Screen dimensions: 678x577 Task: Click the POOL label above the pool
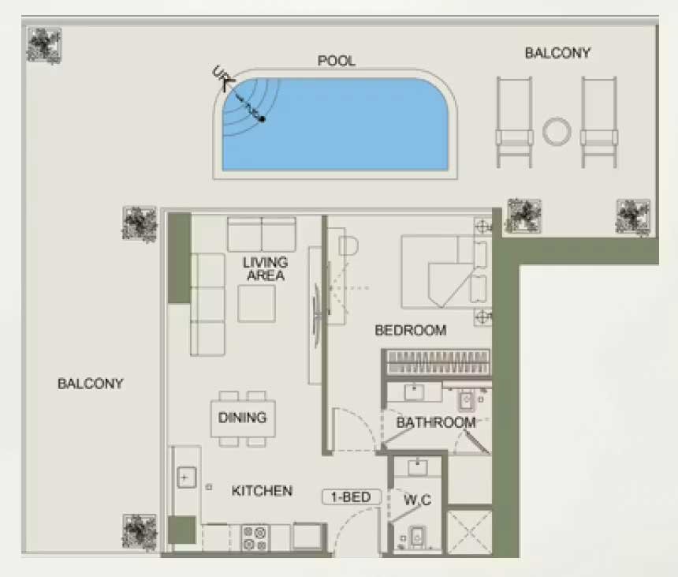tap(337, 61)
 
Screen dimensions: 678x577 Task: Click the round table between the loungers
tap(557, 132)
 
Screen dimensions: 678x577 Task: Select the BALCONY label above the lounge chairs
tap(557, 53)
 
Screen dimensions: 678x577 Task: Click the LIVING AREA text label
tap(265, 269)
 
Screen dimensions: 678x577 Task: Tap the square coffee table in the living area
tap(256, 303)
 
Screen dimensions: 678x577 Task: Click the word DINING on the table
tap(242, 418)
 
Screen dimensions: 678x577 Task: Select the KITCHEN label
tap(262, 491)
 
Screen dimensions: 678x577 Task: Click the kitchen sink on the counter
tap(186, 478)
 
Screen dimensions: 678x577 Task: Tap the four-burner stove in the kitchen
tap(255, 538)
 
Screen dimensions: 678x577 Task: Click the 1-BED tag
tap(351, 497)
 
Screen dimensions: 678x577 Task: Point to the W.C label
tap(417, 500)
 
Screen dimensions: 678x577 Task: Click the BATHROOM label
tap(436, 422)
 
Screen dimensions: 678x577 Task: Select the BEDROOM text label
tap(410, 331)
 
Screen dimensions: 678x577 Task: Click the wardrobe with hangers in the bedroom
tap(438, 363)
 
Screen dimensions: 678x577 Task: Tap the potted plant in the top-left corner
tap(43, 45)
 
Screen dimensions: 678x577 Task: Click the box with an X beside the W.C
tap(469, 533)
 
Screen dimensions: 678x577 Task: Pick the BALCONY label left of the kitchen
tap(91, 384)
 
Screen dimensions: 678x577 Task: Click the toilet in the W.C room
tap(416, 538)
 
